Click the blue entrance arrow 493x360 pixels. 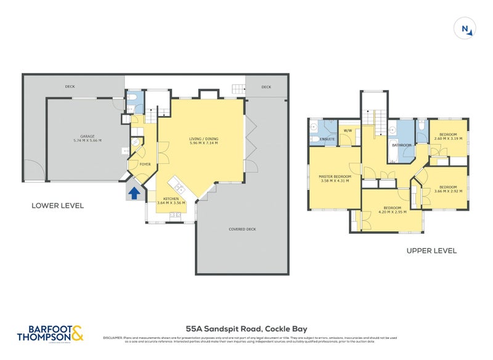(132, 194)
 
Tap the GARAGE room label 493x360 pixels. (86, 136)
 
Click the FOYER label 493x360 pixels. (145, 164)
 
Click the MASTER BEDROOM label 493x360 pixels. (335, 177)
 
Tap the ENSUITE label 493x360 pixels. (327, 139)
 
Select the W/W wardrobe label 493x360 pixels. (347, 131)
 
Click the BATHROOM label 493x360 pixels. (401, 145)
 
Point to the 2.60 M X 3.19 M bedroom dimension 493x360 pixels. (448, 139)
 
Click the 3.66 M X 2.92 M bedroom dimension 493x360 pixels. (447, 190)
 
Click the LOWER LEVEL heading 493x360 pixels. (57, 205)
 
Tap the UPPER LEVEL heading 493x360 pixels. (431, 251)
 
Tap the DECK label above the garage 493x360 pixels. (70, 87)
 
